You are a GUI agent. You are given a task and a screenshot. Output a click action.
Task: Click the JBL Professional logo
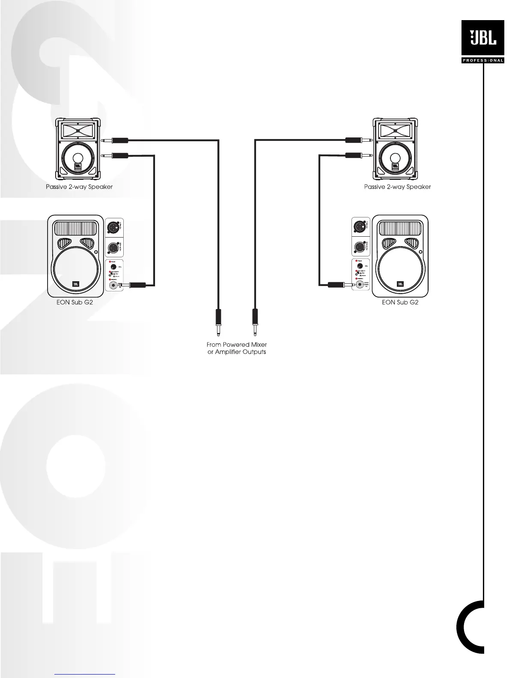click(482, 42)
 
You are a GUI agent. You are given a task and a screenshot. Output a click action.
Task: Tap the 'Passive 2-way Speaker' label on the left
click(79, 187)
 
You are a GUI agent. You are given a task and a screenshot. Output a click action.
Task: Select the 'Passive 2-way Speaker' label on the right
click(397, 187)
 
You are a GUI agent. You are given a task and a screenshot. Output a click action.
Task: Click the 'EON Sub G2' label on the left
click(75, 302)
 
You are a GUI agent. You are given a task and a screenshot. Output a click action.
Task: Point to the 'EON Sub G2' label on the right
click(400, 302)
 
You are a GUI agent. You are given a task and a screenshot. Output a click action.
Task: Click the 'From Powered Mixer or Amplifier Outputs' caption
click(237, 348)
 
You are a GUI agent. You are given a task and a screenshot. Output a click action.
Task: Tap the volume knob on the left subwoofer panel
click(114, 267)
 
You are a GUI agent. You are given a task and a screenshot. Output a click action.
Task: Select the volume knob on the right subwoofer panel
click(360, 267)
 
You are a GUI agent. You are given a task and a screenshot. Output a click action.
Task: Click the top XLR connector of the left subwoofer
click(114, 226)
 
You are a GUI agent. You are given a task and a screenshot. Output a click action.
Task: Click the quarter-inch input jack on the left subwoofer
click(113, 285)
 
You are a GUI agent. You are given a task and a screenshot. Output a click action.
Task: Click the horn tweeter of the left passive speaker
click(78, 130)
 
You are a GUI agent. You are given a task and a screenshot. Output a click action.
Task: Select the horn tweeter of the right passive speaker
click(396, 130)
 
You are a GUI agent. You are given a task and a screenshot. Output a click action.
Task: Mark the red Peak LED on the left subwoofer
click(110, 262)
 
